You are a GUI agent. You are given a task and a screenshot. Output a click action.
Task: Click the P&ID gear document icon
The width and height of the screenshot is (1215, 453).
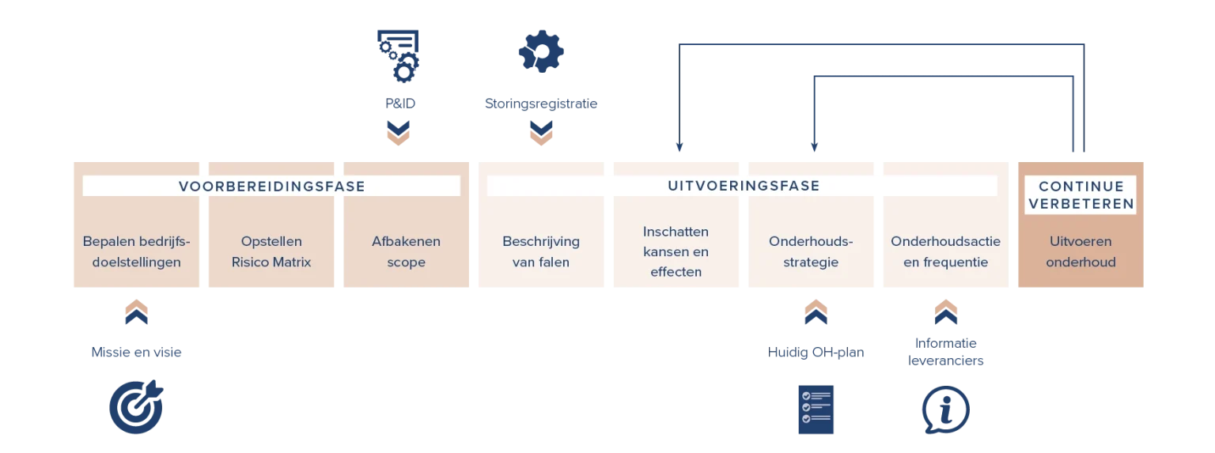(x=399, y=56)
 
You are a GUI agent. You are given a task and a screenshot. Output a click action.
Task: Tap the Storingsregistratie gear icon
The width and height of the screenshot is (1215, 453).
(x=541, y=51)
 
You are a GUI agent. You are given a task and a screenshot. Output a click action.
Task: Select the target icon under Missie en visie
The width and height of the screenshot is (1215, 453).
(x=136, y=407)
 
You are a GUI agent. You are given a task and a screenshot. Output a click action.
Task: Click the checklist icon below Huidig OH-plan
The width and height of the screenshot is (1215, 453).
(x=816, y=410)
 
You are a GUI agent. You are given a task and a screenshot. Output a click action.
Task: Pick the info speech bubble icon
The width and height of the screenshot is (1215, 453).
(x=946, y=410)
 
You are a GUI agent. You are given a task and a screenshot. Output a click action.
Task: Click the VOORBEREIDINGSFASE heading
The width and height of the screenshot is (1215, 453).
(x=272, y=187)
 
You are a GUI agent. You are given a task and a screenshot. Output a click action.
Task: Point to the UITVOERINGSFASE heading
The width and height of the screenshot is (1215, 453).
(x=744, y=186)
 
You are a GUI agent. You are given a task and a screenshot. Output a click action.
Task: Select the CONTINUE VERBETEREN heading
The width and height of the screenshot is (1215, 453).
(x=1081, y=195)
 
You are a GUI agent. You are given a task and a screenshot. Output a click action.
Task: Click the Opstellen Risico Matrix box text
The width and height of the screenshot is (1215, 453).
(x=271, y=251)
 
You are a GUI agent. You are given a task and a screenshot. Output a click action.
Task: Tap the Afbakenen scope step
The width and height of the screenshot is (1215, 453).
(x=407, y=251)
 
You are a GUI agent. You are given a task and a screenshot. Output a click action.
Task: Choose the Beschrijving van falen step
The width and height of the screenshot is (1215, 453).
(x=541, y=251)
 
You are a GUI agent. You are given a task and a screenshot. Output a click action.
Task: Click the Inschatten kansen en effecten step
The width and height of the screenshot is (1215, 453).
(x=676, y=251)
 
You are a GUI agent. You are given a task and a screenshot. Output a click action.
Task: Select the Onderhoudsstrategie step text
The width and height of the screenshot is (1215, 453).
(x=811, y=251)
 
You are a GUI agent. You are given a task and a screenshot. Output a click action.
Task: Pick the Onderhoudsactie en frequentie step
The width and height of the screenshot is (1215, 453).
(x=945, y=251)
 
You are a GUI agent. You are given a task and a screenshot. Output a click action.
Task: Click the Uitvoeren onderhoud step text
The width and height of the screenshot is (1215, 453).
(x=1081, y=251)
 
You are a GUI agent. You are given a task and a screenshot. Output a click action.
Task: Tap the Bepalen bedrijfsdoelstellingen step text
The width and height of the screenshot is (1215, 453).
(x=136, y=251)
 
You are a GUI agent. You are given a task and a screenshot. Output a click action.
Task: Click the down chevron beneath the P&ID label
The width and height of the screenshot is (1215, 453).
(x=398, y=133)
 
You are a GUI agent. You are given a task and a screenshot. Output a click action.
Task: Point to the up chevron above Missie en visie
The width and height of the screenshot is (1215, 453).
(x=136, y=312)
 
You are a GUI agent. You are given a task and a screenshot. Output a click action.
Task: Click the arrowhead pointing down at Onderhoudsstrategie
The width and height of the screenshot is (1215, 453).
(x=814, y=147)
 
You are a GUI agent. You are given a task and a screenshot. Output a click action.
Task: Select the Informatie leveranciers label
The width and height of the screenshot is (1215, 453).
(x=945, y=352)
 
